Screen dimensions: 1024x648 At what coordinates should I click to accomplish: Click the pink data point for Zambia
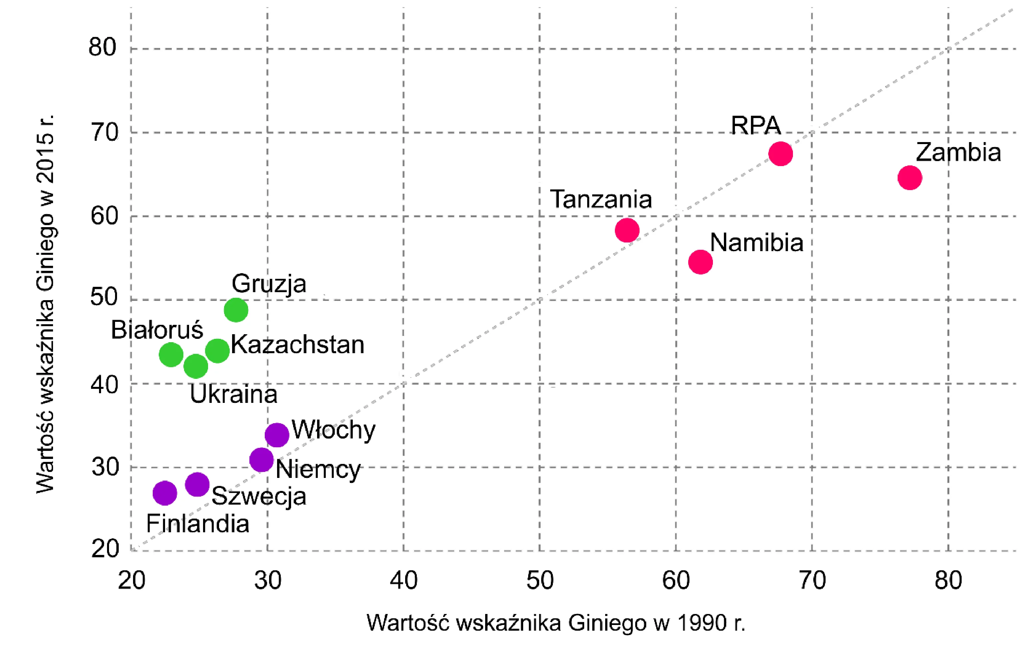(910, 178)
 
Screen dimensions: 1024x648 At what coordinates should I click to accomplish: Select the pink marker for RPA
(781, 153)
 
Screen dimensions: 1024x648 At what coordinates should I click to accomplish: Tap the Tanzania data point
(627, 230)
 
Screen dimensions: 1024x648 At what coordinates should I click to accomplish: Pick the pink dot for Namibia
(700, 262)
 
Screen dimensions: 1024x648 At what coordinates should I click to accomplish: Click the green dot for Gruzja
(236, 310)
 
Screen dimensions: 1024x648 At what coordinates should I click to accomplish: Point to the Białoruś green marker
(171, 355)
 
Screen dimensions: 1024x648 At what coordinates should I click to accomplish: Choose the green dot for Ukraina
(196, 366)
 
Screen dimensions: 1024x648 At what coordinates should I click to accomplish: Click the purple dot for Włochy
(277, 435)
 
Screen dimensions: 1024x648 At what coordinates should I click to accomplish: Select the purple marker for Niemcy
(261, 460)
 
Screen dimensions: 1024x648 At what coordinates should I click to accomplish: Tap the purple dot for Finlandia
(165, 493)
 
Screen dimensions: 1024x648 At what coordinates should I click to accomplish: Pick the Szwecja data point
(197, 484)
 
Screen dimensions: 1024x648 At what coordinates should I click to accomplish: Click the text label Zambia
(958, 152)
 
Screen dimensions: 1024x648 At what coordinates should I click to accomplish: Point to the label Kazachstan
(298, 345)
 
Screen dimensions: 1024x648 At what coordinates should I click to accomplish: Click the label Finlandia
(198, 523)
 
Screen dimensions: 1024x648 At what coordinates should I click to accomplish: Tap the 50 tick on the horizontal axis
(540, 580)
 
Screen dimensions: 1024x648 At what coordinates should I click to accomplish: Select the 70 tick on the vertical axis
(104, 132)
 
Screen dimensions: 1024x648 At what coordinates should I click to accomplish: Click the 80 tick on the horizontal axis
(948, 580)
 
